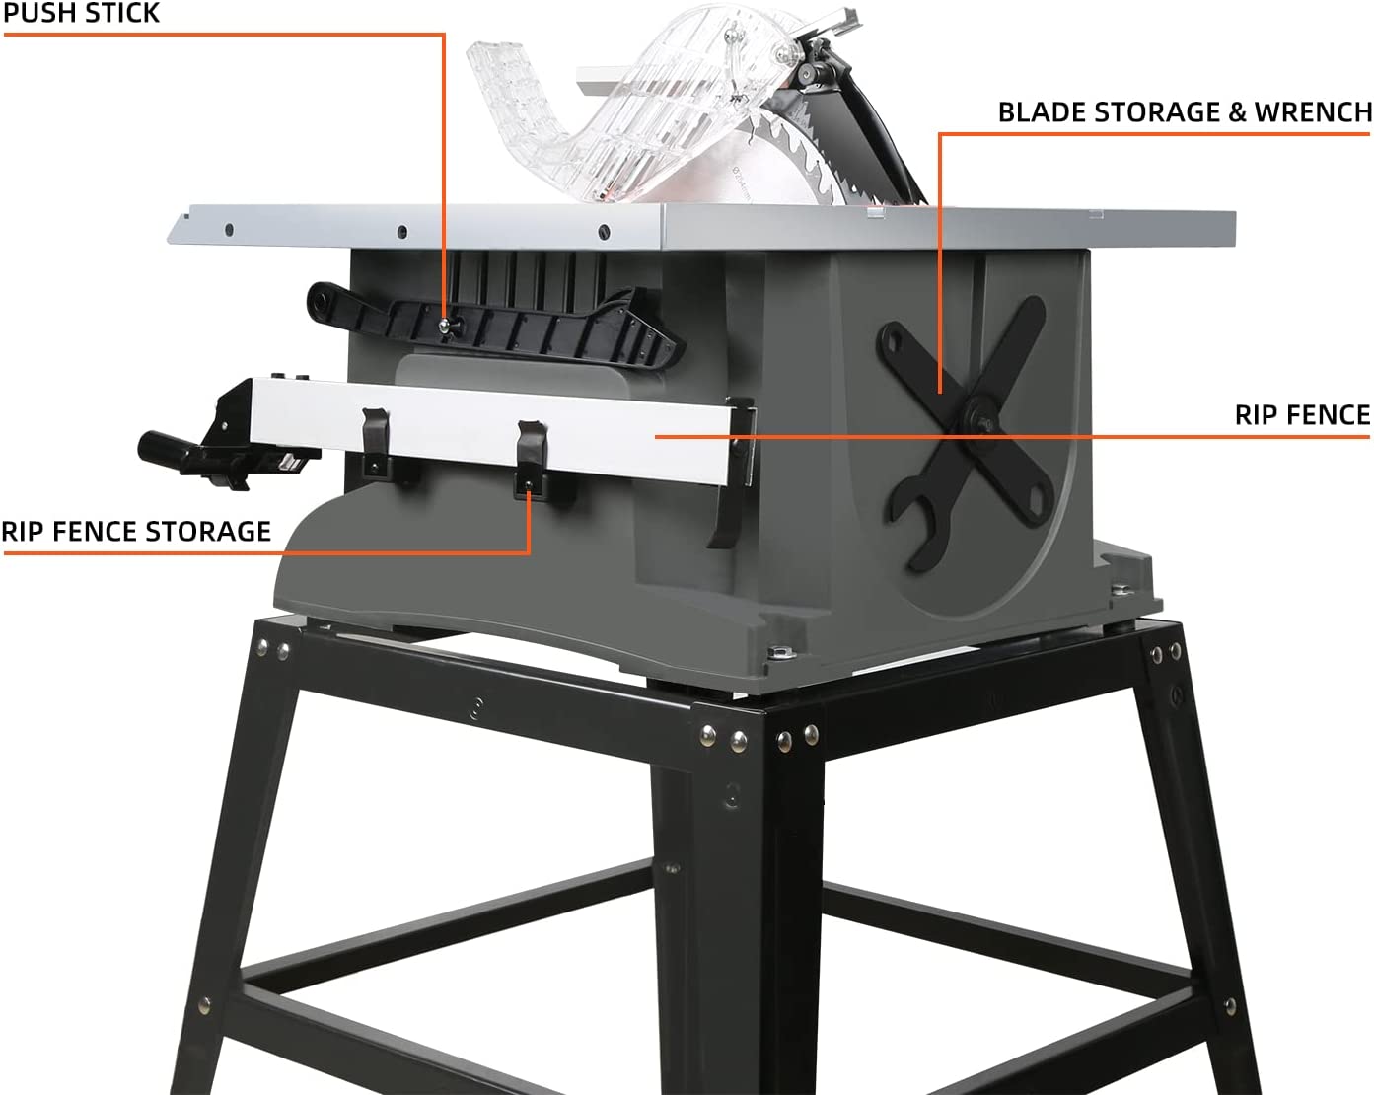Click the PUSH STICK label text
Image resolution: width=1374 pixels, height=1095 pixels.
(81, 13)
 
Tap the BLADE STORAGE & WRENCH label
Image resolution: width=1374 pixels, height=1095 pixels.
(1185, 112)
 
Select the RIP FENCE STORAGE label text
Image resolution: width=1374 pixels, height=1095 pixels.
(136, 531)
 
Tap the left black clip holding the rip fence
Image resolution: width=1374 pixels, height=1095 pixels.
(376, 441)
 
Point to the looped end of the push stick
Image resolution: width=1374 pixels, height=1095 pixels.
(325, 299)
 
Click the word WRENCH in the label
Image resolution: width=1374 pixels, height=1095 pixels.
(1313, 112)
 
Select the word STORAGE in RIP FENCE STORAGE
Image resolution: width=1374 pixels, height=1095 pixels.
(207, 531)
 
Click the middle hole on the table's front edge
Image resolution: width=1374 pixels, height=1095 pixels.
(402, 231)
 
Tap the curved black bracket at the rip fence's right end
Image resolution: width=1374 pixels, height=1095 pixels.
(732, 473)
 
